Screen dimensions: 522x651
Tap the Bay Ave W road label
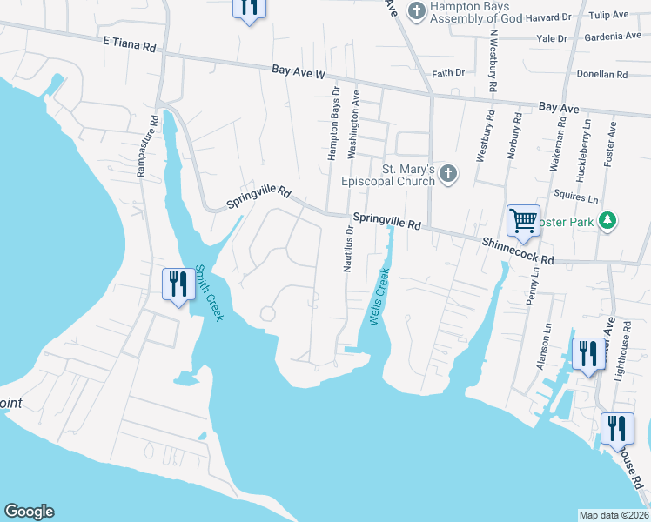pos(298,72)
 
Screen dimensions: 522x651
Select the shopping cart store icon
pos(523,221)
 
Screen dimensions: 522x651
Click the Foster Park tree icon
pos(608,222)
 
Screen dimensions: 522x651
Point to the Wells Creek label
pos(379,298)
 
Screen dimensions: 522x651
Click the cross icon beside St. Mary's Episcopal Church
pos(448,174)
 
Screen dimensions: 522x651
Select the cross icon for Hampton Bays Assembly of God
pos(417,10)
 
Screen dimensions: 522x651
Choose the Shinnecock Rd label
pos(517,249)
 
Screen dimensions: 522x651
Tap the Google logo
pos(29,512)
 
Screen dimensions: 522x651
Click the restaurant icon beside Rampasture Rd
pos(176,284)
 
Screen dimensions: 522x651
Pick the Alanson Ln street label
pos(547,347)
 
